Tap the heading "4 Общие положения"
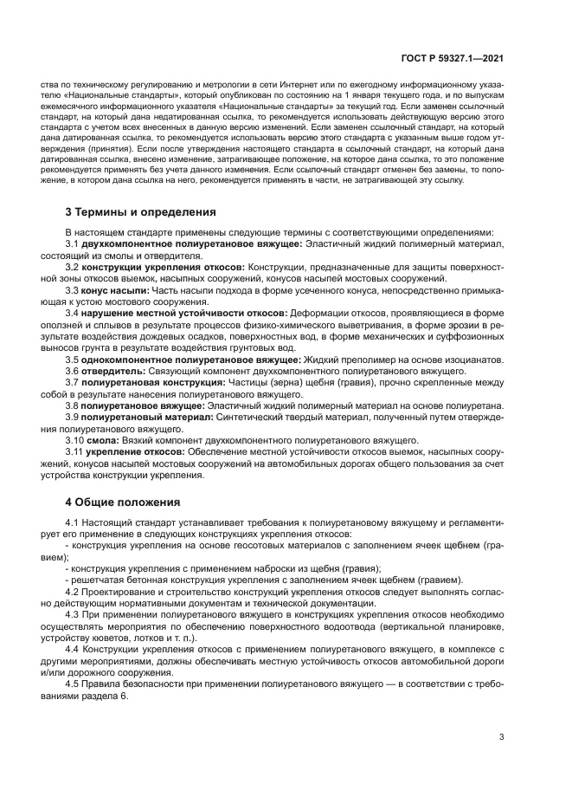pos(123,502)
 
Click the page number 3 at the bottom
pos(501,736)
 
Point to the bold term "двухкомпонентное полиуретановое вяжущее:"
pos(191,245)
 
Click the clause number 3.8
pos(72,405)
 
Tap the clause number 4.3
pos(72,614)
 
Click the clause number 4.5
pos(72,683)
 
